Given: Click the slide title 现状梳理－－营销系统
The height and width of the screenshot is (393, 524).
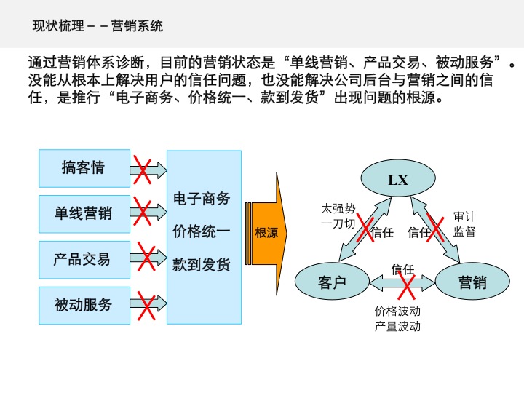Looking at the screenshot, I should click(x=98, y=27).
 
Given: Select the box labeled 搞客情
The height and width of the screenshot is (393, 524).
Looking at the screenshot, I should click(x=84, y=168).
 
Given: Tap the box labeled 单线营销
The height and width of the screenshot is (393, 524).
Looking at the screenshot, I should click(x=84, y=213).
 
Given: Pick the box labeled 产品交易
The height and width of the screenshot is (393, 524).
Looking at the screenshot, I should click(x=84, y=259).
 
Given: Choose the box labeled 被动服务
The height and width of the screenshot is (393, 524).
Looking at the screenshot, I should click(x=84, y=305).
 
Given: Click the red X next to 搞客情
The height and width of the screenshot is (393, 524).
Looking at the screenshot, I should click(x=143, y=170).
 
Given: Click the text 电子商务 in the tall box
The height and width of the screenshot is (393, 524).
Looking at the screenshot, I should click(x=201, y=199).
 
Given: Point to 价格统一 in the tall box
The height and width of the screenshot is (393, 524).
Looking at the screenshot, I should click(x=201, y=232).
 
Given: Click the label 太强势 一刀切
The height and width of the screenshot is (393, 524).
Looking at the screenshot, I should click(x=338, y=216).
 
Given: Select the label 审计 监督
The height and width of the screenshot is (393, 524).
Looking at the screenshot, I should click(x=464, y=224).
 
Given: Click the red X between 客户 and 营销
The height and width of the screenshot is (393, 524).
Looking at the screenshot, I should click(x=402, y=283).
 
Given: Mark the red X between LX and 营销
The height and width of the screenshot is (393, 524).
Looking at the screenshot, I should click(x=435, y=227).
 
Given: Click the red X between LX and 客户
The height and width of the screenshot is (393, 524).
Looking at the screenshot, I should click(x=363, y=229).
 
